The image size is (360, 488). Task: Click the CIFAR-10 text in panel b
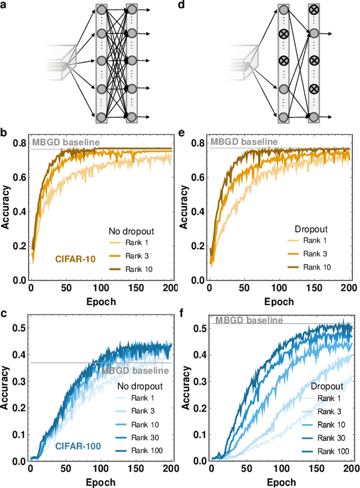76,259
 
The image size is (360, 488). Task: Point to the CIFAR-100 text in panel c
78,446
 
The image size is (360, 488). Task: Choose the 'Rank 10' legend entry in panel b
136,269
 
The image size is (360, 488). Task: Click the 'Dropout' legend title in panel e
311,230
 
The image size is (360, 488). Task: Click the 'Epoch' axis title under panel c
101,482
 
